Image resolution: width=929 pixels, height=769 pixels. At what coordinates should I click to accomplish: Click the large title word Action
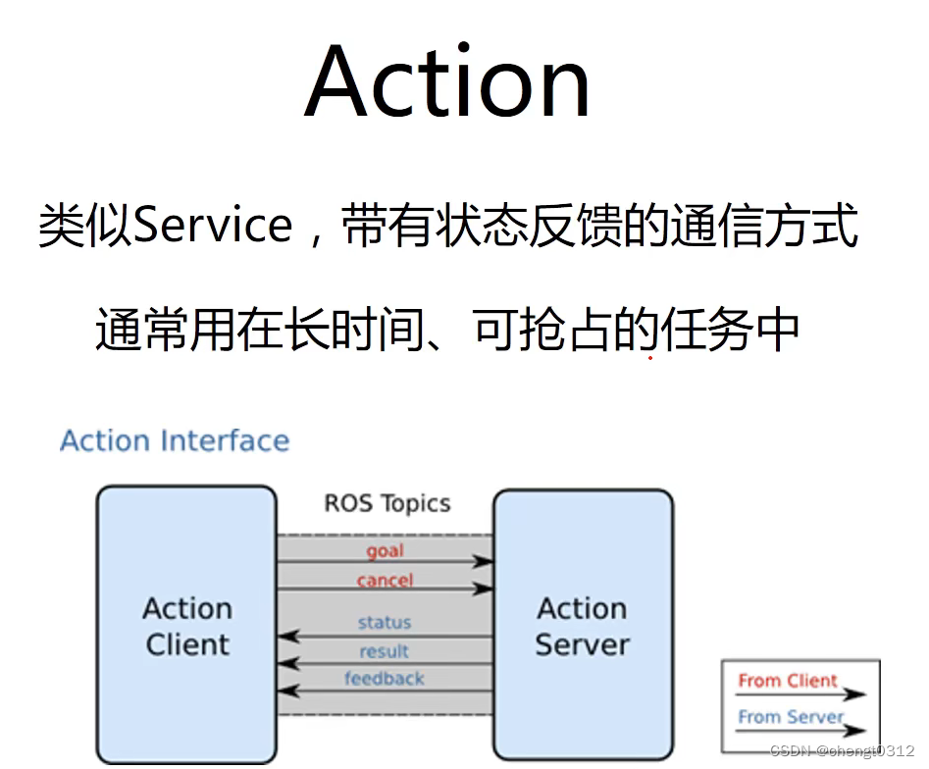pyautogui.click(x=448, y=82)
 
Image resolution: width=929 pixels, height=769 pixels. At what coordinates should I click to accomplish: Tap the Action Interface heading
pyautogui.click(x=175, y=440)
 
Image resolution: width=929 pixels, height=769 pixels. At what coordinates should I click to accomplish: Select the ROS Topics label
pyautogui.click(x=387, y=504)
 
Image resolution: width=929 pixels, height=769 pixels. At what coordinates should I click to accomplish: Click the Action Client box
pyautogui.click(x=186, y=626)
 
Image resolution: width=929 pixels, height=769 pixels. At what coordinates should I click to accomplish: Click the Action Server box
pyautogui.click(x=582, y=626)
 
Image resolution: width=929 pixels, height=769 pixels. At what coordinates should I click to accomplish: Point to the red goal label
pyautogui.click(x=385, y=551)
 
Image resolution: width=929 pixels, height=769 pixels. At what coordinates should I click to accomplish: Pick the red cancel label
pyautogui.click(x=385, y=580)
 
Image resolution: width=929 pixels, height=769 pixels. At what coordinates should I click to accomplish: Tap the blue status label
pyautogui.click(x=385, y=622)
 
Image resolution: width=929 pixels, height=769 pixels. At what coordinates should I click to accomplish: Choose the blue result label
pyautogui.click(x=385, y=650)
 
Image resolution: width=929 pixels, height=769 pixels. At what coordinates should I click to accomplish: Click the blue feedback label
pyautogui.click(x=385, y=679)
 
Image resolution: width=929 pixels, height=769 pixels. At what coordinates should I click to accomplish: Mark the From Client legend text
pyautogui.click(x=788, y=681)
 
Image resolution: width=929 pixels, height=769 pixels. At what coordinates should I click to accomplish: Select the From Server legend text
pyautogui.click(x=791, y=717)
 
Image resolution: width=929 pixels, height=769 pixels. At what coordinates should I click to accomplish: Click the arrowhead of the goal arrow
pyautogui.click(x=484, y=562)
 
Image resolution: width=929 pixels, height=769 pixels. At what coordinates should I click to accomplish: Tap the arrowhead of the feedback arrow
pyautogui.click(x=286, y=692)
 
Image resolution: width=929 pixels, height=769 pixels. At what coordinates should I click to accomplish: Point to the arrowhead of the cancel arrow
pyautogui.click(x=484, y=590)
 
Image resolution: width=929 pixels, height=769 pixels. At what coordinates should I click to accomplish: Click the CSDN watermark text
pyautogui.click(x=843, y=750)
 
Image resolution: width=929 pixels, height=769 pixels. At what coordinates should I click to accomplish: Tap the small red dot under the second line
pyautogui.click(x=649, y=358)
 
